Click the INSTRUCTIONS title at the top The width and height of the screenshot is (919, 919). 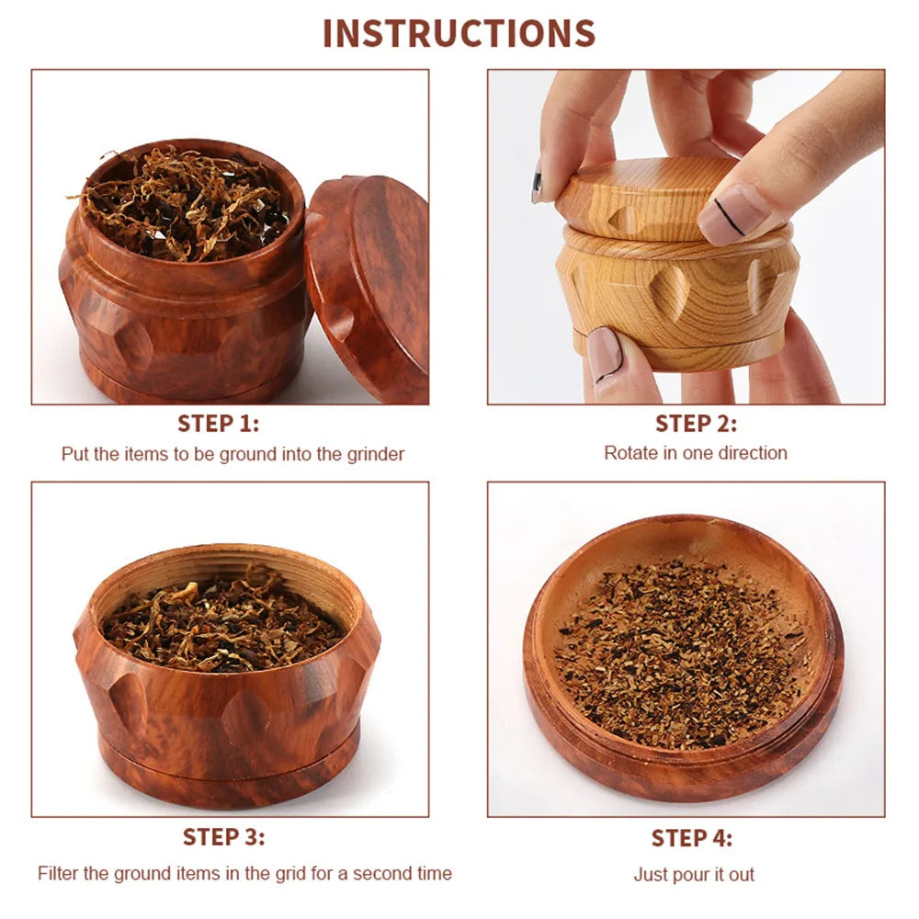pyautogui.click(x=459, y=33)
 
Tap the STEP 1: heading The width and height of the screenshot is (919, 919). pyautogui.click(x=218, y=423)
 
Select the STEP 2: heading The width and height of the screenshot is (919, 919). pyautogui.click(x=696, y=423)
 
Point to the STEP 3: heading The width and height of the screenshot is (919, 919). pyautogui.click(x=223, y=836)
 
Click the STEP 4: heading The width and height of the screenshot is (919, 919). pyautogui.click(x=692, y=837)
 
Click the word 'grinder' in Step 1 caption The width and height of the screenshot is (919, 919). pyautogui.click(x=376, y=454)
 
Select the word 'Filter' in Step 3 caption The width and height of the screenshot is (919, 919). pyautogui.click(x=58, y=873)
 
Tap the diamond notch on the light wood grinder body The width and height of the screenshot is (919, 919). pyautogui.click(x=668, y=294)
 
